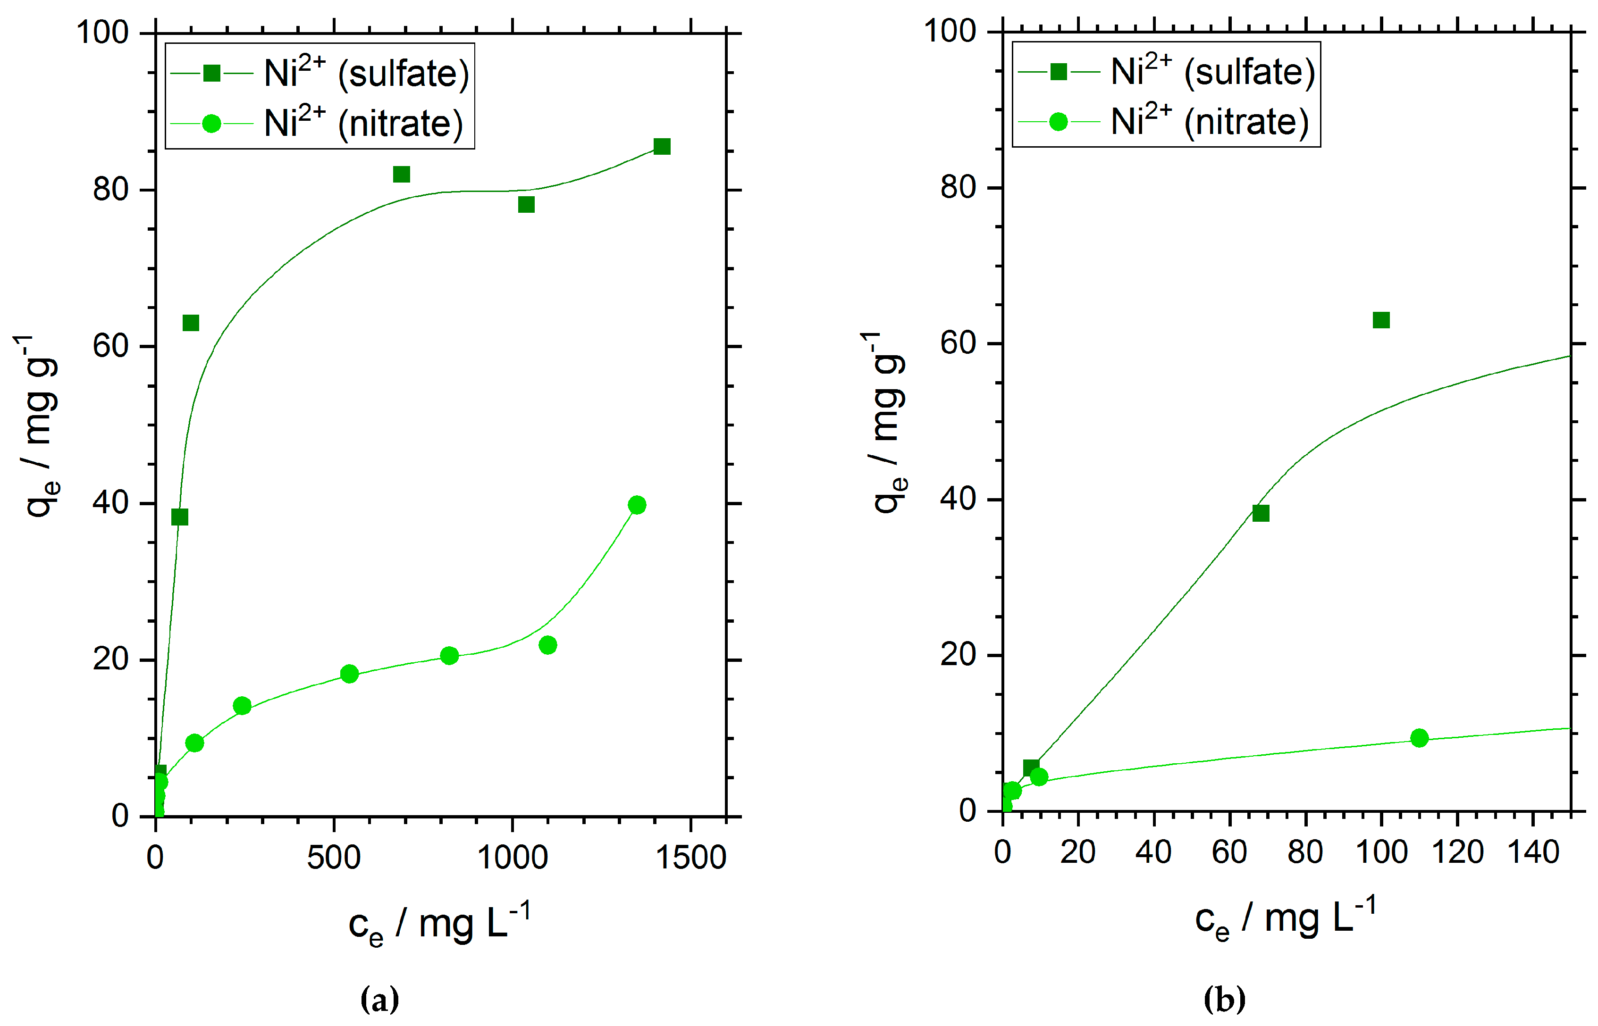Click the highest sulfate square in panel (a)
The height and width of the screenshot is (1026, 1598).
click(661, 147)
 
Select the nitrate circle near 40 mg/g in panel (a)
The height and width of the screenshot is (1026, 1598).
click(636, 505)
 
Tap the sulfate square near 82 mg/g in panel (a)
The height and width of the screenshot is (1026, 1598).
click(401, 175)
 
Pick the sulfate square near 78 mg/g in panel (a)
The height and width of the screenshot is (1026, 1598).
click(526, 205)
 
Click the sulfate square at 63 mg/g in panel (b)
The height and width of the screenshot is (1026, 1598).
click(1381, 320)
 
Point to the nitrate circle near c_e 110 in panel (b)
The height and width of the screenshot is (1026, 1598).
click(1419, 738)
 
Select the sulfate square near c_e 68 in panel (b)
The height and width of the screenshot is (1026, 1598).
click(1260, 513)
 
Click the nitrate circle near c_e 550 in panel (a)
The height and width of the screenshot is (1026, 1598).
click(349, 674)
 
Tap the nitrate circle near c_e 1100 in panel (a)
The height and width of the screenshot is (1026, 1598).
click(547, 645)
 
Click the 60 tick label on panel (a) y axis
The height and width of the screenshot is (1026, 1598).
click(110, 346)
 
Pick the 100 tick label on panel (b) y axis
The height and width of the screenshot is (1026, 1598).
click(950, 31)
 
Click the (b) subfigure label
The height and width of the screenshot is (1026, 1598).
click(1224, 1000)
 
